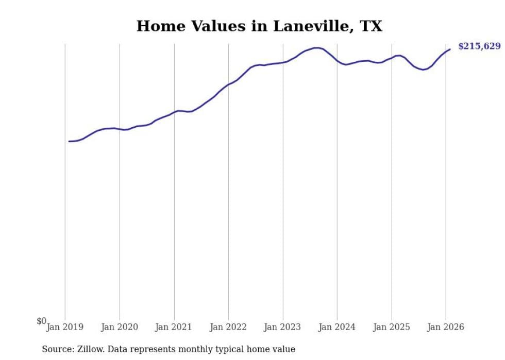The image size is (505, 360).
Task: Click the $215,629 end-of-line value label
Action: [x=479, y=46]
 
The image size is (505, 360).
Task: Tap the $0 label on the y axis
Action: [x=41, y=321]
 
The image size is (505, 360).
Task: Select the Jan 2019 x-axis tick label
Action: [x=65, y=327]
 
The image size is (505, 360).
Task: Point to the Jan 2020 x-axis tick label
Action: [x=120, y=327]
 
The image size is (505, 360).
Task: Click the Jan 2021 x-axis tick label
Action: [x=174, y=327]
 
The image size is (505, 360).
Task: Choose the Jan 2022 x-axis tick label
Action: [x=228, y=327]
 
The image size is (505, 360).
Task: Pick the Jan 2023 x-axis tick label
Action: [x=283, y=327]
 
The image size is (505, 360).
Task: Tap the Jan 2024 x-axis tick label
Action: [x=337, y=327]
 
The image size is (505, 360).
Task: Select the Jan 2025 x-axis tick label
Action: [x=392, y=327]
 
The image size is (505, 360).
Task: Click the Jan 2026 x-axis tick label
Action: [x=446, y=327]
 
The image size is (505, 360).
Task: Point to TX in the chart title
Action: [x=371, y=26]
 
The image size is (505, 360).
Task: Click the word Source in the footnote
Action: [x=57, y=350]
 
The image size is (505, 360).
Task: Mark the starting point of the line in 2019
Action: [x=69, y=141]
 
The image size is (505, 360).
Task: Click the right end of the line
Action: [x=450, y=49]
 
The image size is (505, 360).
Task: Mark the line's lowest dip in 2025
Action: [x=423, y=70]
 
